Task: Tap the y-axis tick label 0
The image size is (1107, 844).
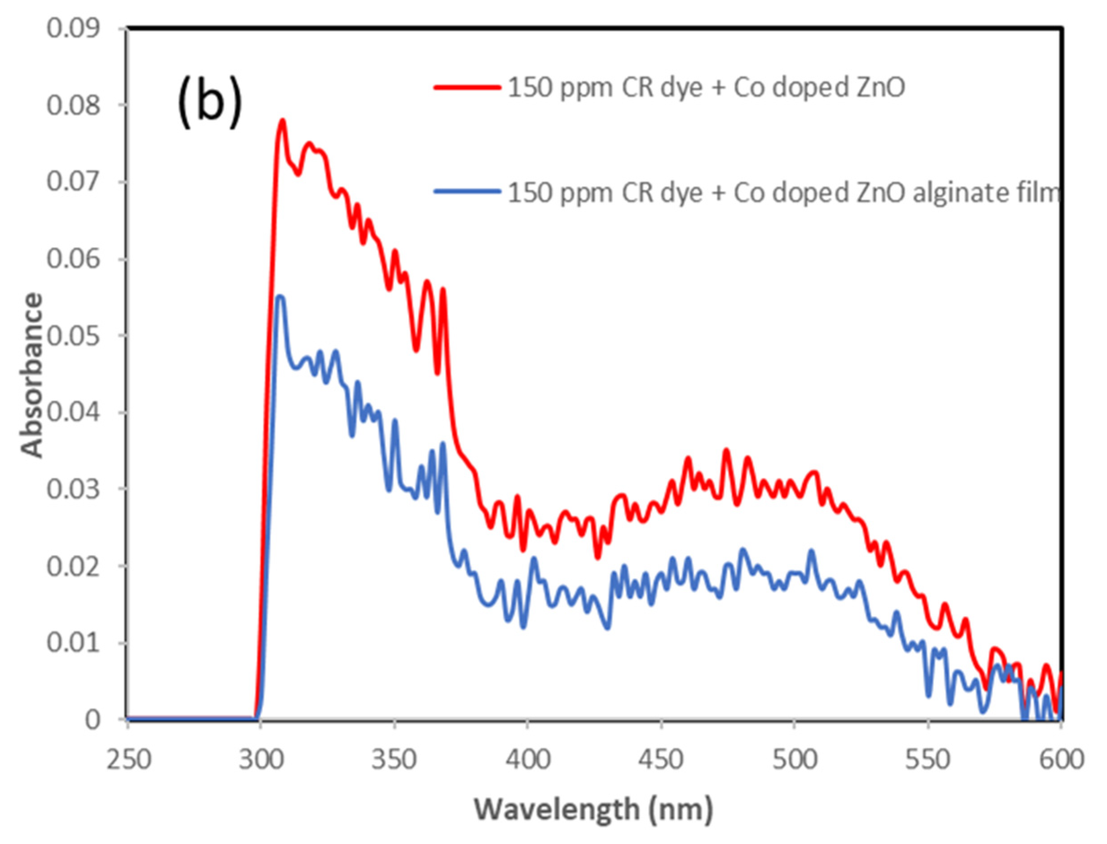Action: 92,720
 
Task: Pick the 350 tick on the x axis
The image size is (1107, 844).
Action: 395,759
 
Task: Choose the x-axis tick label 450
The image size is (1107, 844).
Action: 661,759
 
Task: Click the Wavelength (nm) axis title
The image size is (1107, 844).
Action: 593,810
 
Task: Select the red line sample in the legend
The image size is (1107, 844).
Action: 467,87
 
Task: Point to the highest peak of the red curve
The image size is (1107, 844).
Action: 282,121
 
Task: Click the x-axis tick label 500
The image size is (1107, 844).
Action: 794,759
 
